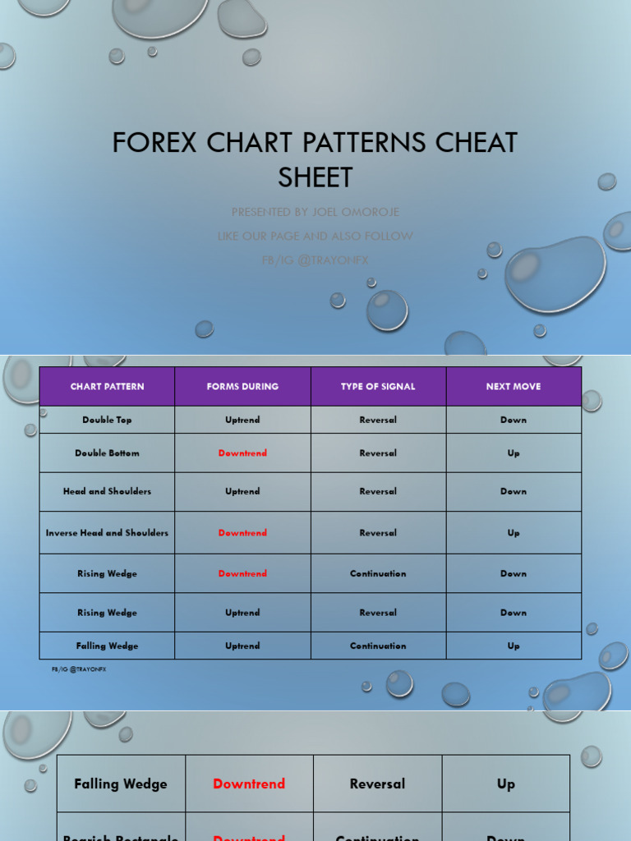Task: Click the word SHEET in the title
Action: (x=315, y=177)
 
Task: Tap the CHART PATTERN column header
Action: (x=107, y=387)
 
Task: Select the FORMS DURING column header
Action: (x=242, y=387)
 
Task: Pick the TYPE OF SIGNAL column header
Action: (x=378, y=387)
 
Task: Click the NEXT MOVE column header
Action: (x=514, y=387)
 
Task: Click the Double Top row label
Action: (x=107, y=420)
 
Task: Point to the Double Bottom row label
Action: (x=107, y=453)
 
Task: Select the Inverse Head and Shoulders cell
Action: (x=107, y=533)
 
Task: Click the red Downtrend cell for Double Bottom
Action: (x=242, y=453)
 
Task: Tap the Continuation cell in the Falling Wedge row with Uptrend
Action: (x=378, y=646)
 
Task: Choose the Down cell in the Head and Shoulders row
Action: (x=514, y=492)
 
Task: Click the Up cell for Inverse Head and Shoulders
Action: (x=514, y=533)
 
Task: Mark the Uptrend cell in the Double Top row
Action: (x=242, y=420)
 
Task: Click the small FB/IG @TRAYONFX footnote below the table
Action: (x=79, y=669)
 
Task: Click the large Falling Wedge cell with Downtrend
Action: (x=121, y=784)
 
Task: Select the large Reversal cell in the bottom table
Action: (x=378, y=784)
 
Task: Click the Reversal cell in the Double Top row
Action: (x=378, y=420)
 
